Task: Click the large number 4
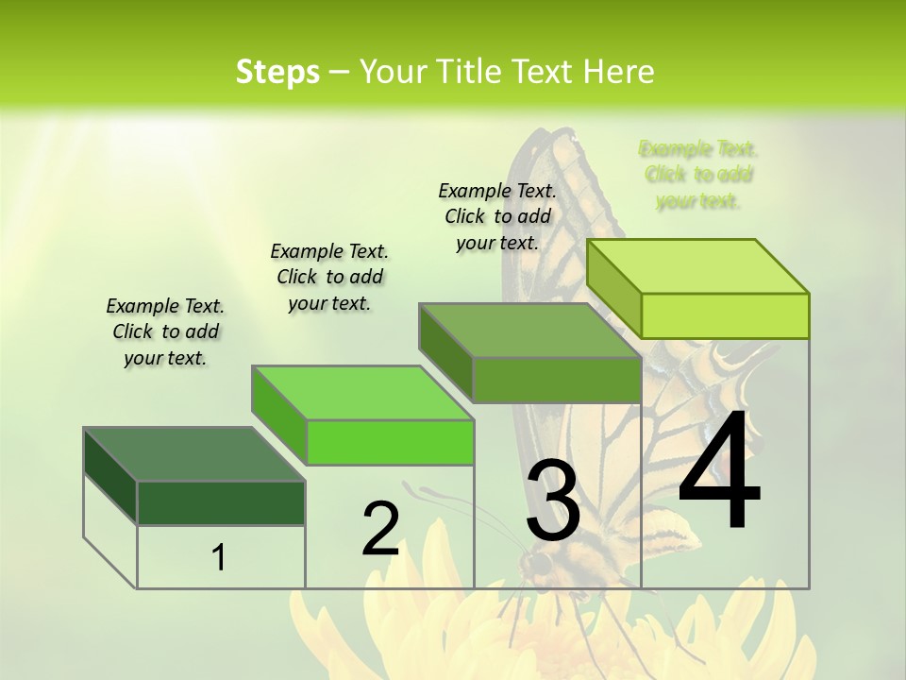[719, 472]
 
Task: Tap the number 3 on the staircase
[553, 501]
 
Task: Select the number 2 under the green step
[380, 529]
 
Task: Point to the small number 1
[219, 558]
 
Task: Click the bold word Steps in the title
[277, 72]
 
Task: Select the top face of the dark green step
[193, 454]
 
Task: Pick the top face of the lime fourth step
[697, 266]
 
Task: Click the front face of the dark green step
[221, 502]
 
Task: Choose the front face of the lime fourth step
[725, 315]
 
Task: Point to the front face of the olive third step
[557, 380]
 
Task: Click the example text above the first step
[165, 331]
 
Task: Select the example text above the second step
[329, 277]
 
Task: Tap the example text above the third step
[497, 216]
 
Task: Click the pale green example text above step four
[698, 175]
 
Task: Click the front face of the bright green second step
[389, 442]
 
